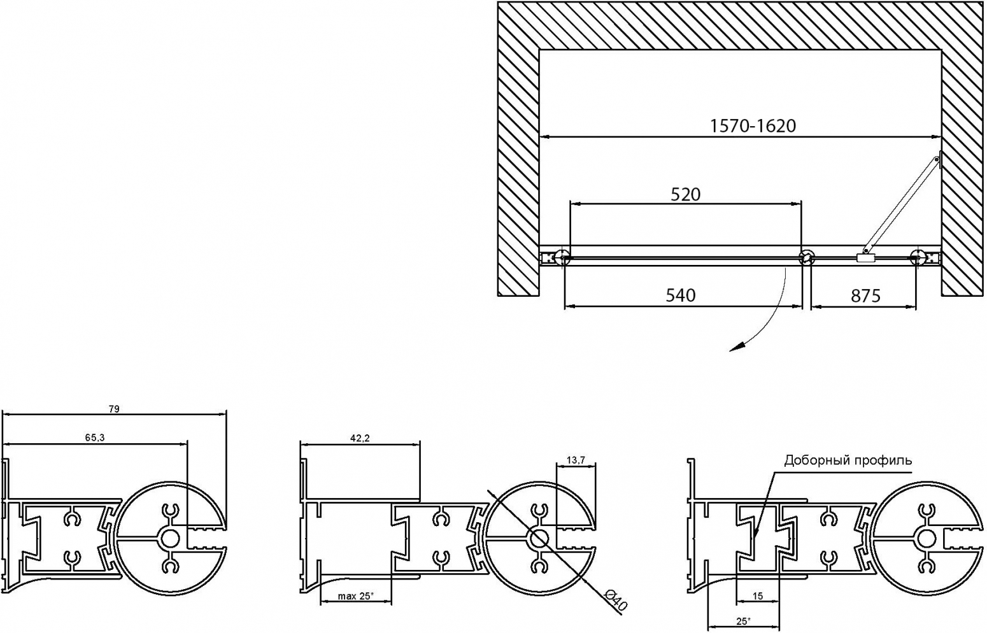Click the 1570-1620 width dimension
753,126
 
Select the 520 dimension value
686,194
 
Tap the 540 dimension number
680,295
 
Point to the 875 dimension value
865,295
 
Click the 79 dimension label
114,409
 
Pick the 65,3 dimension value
95,437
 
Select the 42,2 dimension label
360,437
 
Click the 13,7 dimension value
576,460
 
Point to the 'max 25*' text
355,597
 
